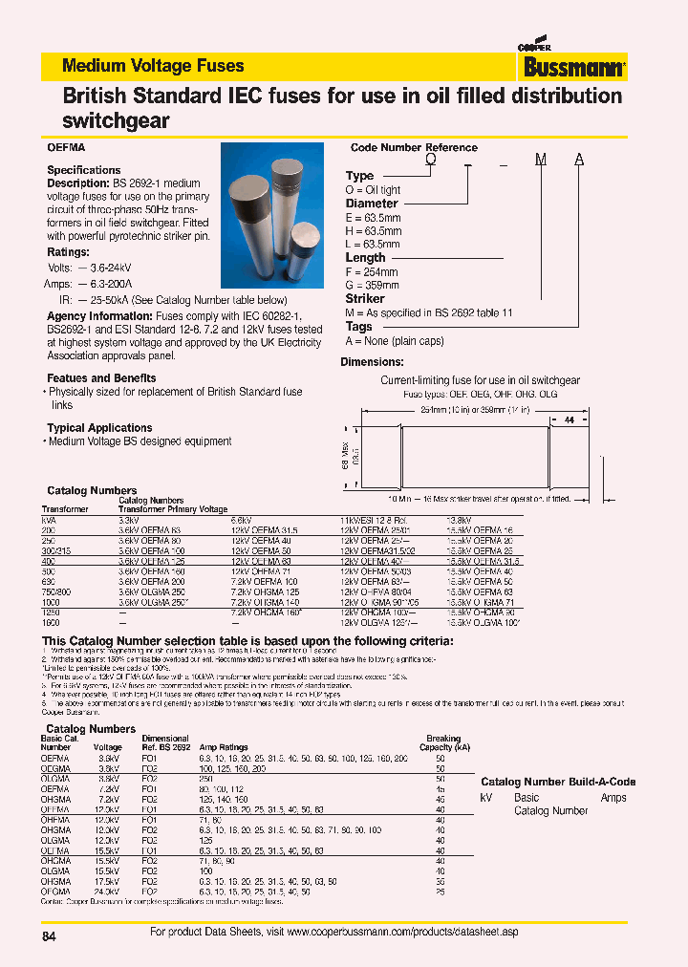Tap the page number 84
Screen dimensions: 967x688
tap(50, 937)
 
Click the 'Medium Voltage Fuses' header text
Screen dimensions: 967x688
tap(152, 66)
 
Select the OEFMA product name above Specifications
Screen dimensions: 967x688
tap(66, 148)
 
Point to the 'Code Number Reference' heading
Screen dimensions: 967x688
tap(414, 148)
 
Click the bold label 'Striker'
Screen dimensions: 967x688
tap(364, 299)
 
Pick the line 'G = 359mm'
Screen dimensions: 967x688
tap(372, 286)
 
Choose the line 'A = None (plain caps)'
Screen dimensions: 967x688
tap(395, 340)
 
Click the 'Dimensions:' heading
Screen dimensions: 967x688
tap(372, 362)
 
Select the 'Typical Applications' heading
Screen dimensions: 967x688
tap(99, 428)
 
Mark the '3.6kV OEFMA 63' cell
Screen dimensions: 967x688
tap(149, 528)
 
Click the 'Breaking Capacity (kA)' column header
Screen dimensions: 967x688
tap(442, 743)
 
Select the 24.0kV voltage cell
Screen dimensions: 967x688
tap(108, 892)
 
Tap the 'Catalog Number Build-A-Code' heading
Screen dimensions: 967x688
tap(558, 782)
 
